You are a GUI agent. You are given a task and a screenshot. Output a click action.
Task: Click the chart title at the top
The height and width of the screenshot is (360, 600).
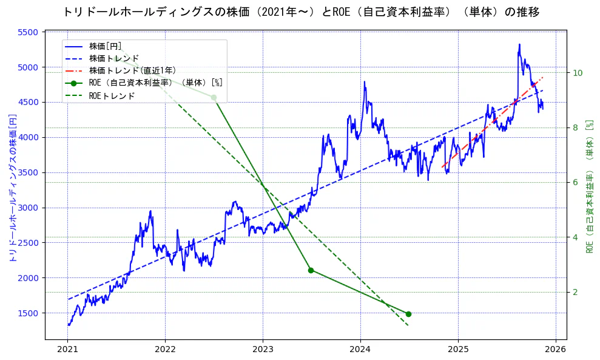click(x=300, y=12)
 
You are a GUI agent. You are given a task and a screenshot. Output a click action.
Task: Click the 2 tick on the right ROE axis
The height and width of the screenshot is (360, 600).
click(x=575, y=292)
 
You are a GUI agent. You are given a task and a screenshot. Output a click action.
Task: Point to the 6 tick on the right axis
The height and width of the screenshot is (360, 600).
click(x=575, y=182)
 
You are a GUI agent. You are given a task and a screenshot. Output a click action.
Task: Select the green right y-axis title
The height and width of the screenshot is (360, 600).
click(x=589, y=186)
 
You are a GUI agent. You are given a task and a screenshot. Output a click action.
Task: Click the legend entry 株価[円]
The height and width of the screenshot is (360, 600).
click(x=106, y=46)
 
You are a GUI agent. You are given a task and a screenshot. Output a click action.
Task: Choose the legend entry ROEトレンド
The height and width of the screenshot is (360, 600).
click(x=112, y=96)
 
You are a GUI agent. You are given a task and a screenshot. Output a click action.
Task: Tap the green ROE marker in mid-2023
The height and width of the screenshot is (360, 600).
click(x=311, y=270)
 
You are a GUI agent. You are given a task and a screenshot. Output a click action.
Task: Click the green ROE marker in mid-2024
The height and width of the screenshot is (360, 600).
click(x=408, y=314)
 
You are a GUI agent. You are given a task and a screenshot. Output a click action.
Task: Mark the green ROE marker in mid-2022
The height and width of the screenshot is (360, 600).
click(x=214, y=97)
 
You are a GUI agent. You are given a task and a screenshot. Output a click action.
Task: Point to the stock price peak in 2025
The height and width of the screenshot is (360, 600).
click(x=519, y=44)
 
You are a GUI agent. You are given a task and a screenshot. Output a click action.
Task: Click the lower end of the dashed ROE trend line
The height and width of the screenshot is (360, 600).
click(x=408, y=326)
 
